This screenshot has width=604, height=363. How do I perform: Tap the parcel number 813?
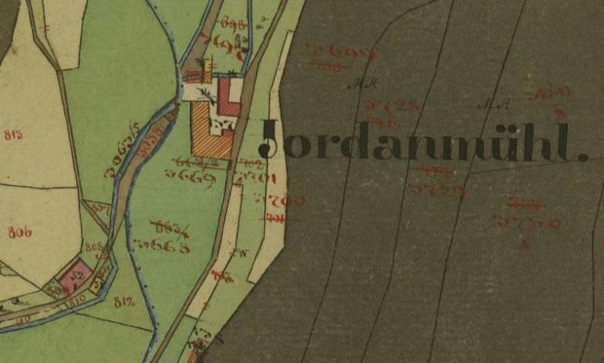[x=13, y=135]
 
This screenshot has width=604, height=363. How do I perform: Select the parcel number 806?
[x=20, y=232]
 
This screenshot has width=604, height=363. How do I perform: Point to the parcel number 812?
[x=124, y=301]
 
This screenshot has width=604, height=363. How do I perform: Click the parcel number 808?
[x=93, y=247]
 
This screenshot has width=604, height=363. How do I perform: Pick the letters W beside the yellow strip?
[x=242, y=251]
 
